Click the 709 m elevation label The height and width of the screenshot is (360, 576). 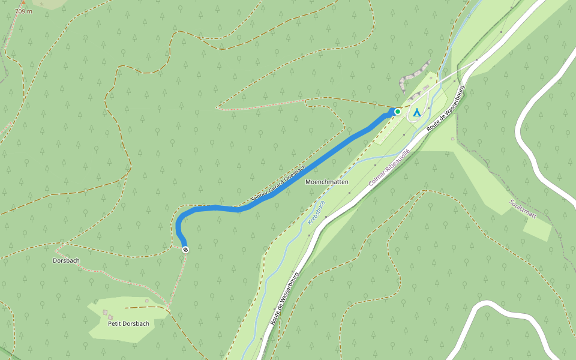point(23,11)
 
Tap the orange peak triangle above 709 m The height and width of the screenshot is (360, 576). point(23,2)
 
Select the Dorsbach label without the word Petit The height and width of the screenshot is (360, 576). point(66,260)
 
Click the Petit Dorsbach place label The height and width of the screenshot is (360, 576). point(128,323)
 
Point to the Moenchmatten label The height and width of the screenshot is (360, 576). point(327,181)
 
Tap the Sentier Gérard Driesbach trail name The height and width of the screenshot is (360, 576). point(278,182)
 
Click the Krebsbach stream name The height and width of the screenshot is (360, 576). point(316,212)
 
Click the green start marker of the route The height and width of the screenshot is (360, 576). point(397,112)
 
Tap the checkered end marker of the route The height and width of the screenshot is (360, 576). point(185,249)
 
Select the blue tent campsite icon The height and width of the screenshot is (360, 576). point(416,112)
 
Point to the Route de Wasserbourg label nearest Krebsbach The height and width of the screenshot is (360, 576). point(284,298)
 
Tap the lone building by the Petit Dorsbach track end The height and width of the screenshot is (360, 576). point(147,299)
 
